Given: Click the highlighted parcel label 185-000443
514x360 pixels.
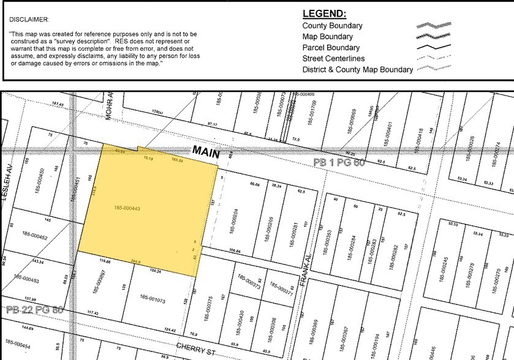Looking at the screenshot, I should (x=127, y=208).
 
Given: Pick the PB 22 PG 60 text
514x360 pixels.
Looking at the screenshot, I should (x=34, y=310).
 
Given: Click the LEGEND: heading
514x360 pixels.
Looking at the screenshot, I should (x=324, y=14).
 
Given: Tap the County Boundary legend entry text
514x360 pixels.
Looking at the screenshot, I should (x=332, y=26).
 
